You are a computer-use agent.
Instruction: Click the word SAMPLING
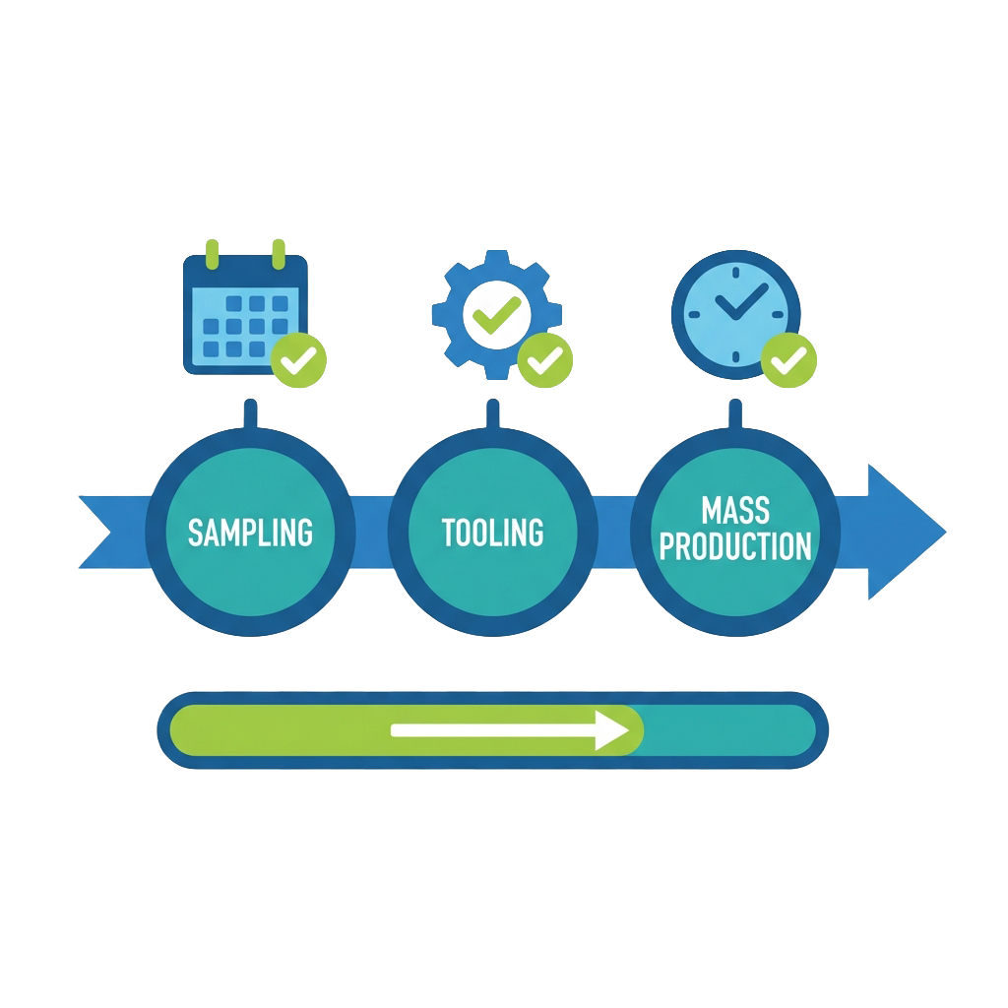coord(250,533)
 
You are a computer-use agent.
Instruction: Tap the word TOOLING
coord(492,533)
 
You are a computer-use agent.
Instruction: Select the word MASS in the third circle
coord(735,510)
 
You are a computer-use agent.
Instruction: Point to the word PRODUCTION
coord(735,546)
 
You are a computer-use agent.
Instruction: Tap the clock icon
coord(734,311)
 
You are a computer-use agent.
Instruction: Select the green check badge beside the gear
coord(543,362)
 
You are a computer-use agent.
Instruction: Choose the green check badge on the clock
coord(788,362)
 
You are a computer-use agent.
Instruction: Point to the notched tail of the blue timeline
coord(103,533)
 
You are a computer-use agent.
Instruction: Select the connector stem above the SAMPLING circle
coord(250,413)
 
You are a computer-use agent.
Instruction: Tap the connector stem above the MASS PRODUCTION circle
coord(734,413)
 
